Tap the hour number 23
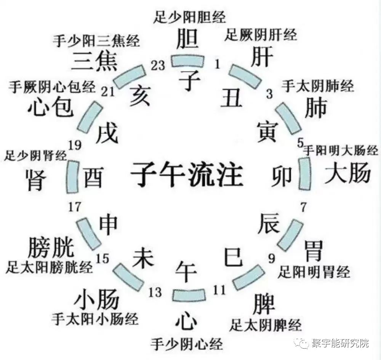click(x=157, y=66)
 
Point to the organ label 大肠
click(x=347, y=174)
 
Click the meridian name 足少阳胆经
click(x=190, y=17)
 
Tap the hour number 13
click(x=155, y=293)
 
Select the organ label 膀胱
click(x=50, y=248)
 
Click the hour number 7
click(x=303, y=208)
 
